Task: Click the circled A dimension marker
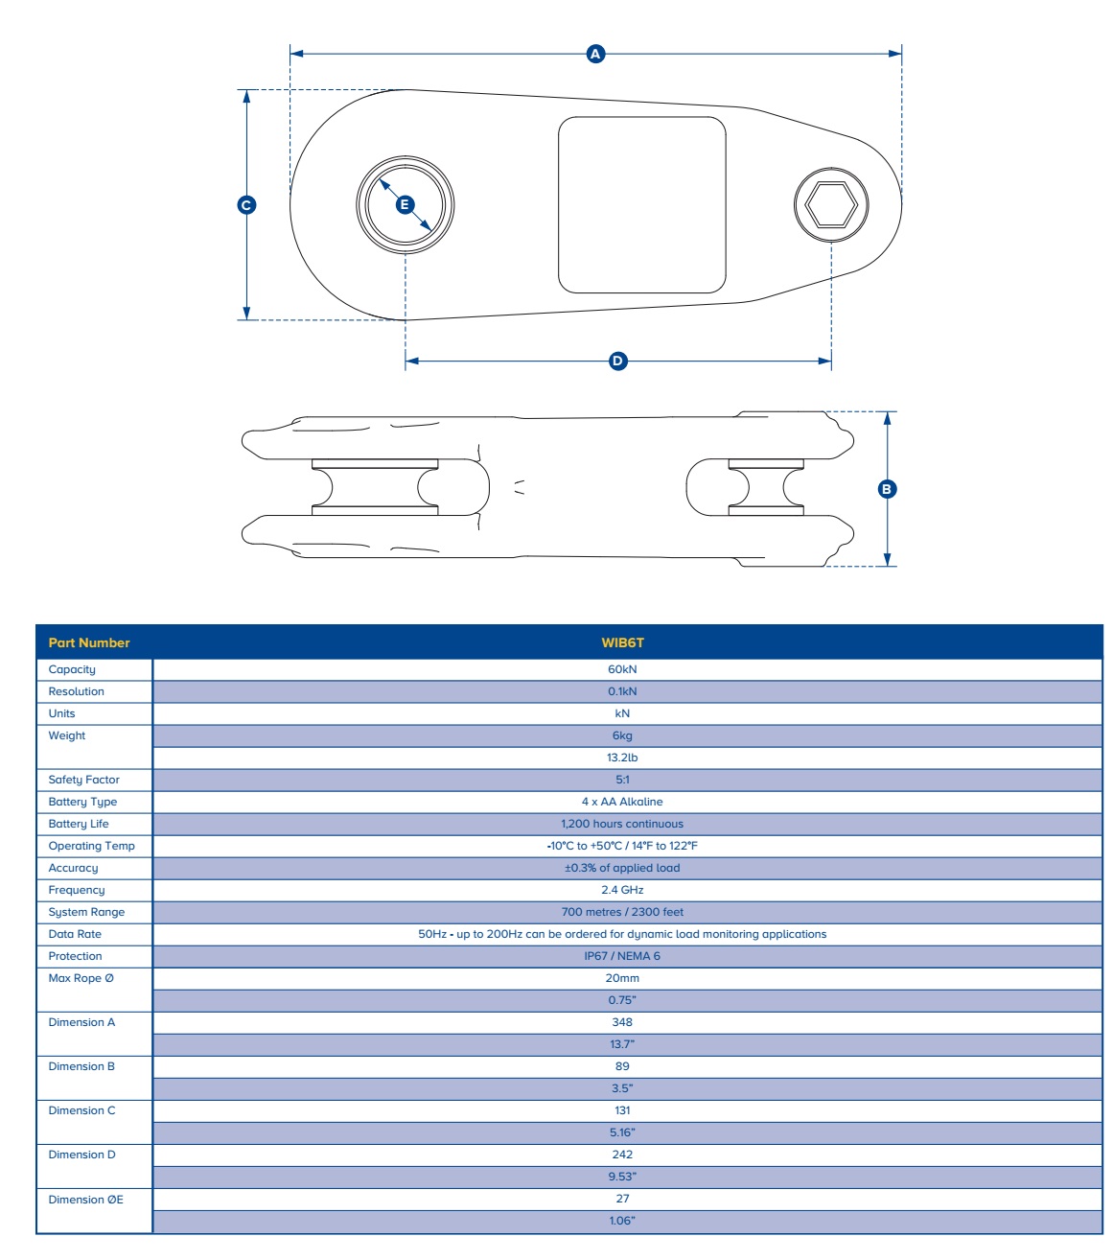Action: click(x=595, y=54)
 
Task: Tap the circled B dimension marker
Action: click(x=887, y=489)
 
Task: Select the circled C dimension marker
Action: click(x=246, y=204)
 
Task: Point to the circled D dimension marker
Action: click(x=618, y=362)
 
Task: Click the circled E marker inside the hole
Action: click(x=405, y=204)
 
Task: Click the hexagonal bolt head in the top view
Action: click(x=831, y=204)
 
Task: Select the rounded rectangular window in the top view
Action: click(x=642, y=204)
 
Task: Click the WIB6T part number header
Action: click(x=622, y=642)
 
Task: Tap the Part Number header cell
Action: click(x=89, y=642)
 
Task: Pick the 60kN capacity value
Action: click(x=622, y=669)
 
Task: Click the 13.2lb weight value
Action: click(x=622, y=758)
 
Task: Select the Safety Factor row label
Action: click(x=84, y=780)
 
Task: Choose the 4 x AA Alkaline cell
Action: click(x=622, y=802)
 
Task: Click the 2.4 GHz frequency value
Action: click(x=622, y=890)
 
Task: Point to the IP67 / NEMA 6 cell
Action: click(x=622, y=956)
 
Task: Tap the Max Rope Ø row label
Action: click(x=81, y=978)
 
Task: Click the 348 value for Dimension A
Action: click(x=622, y=1022)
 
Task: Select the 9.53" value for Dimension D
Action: click(x=622, y=1177)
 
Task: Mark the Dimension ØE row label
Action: click(x=86, y=1200)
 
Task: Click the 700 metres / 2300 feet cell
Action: click(x=622, y=912)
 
